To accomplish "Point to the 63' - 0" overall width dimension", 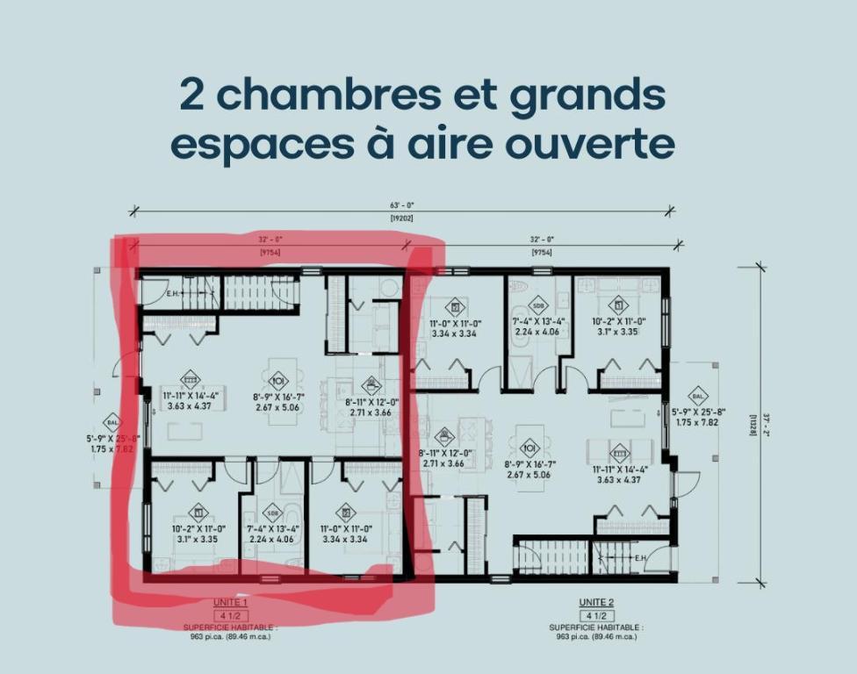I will coord(401,206).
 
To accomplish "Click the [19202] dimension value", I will coord(401,217).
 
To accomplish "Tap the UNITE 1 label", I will coord(230,603).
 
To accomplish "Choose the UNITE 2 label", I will coord(597,602).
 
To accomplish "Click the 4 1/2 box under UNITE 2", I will coord(597,615).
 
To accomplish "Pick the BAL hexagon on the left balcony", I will coord(112,422).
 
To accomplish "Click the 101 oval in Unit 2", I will coord(529,446).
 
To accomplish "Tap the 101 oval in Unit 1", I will coord(278,381).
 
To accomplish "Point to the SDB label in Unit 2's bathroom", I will coord(537,306).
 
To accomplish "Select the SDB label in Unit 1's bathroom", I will coord(272,513).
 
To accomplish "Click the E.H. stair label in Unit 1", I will coord(173,294).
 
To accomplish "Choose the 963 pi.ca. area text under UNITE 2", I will coord(596,637).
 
